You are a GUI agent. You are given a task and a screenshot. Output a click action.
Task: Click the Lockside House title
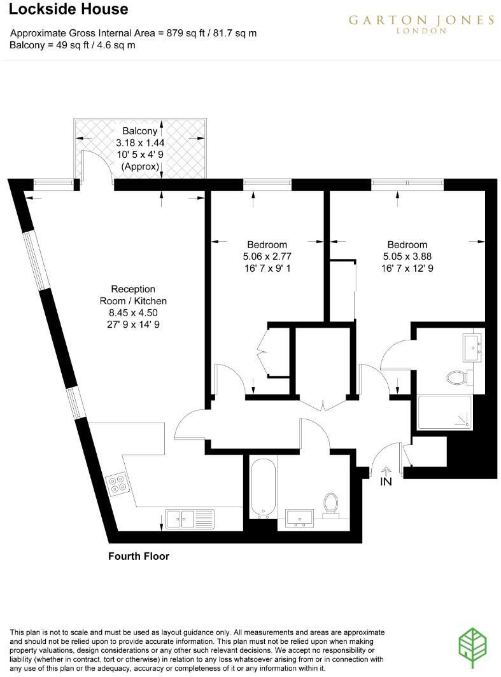pos(69,10)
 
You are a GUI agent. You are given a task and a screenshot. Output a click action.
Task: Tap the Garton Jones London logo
pos(421,24)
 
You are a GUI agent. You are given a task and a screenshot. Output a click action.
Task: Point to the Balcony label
pos(139,132)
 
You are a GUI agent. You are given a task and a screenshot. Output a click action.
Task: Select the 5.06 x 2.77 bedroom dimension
pos(267,256)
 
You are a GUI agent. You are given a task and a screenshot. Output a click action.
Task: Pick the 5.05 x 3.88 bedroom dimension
pos(407,256)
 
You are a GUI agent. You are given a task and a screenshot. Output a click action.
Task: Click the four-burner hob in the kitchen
pos(116,486)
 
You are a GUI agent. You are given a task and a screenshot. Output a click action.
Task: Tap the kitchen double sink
pos(188,519)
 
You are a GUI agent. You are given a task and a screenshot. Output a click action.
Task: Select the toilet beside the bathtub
pos(330,505)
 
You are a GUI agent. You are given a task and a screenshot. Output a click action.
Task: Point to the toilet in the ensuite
pos(457,378)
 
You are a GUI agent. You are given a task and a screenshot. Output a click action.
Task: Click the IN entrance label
pos(386,482)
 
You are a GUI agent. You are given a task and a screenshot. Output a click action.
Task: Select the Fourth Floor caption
pos(139,556)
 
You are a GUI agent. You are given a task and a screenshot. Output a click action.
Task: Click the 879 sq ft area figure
pos(183,33)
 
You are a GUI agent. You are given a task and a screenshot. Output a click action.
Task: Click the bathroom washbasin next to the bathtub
pos(299,516)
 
